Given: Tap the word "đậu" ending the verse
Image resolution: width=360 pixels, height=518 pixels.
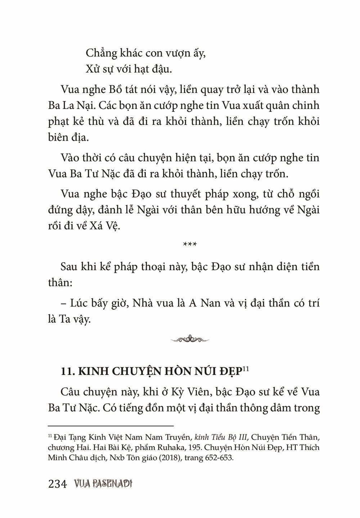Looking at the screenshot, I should click(160, 69).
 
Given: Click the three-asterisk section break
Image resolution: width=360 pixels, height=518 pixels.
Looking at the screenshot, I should click(190, 245).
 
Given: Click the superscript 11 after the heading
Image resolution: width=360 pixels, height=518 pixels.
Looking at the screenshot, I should click(246, 369).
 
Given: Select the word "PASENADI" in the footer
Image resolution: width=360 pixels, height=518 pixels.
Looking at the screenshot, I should click(113, 484).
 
